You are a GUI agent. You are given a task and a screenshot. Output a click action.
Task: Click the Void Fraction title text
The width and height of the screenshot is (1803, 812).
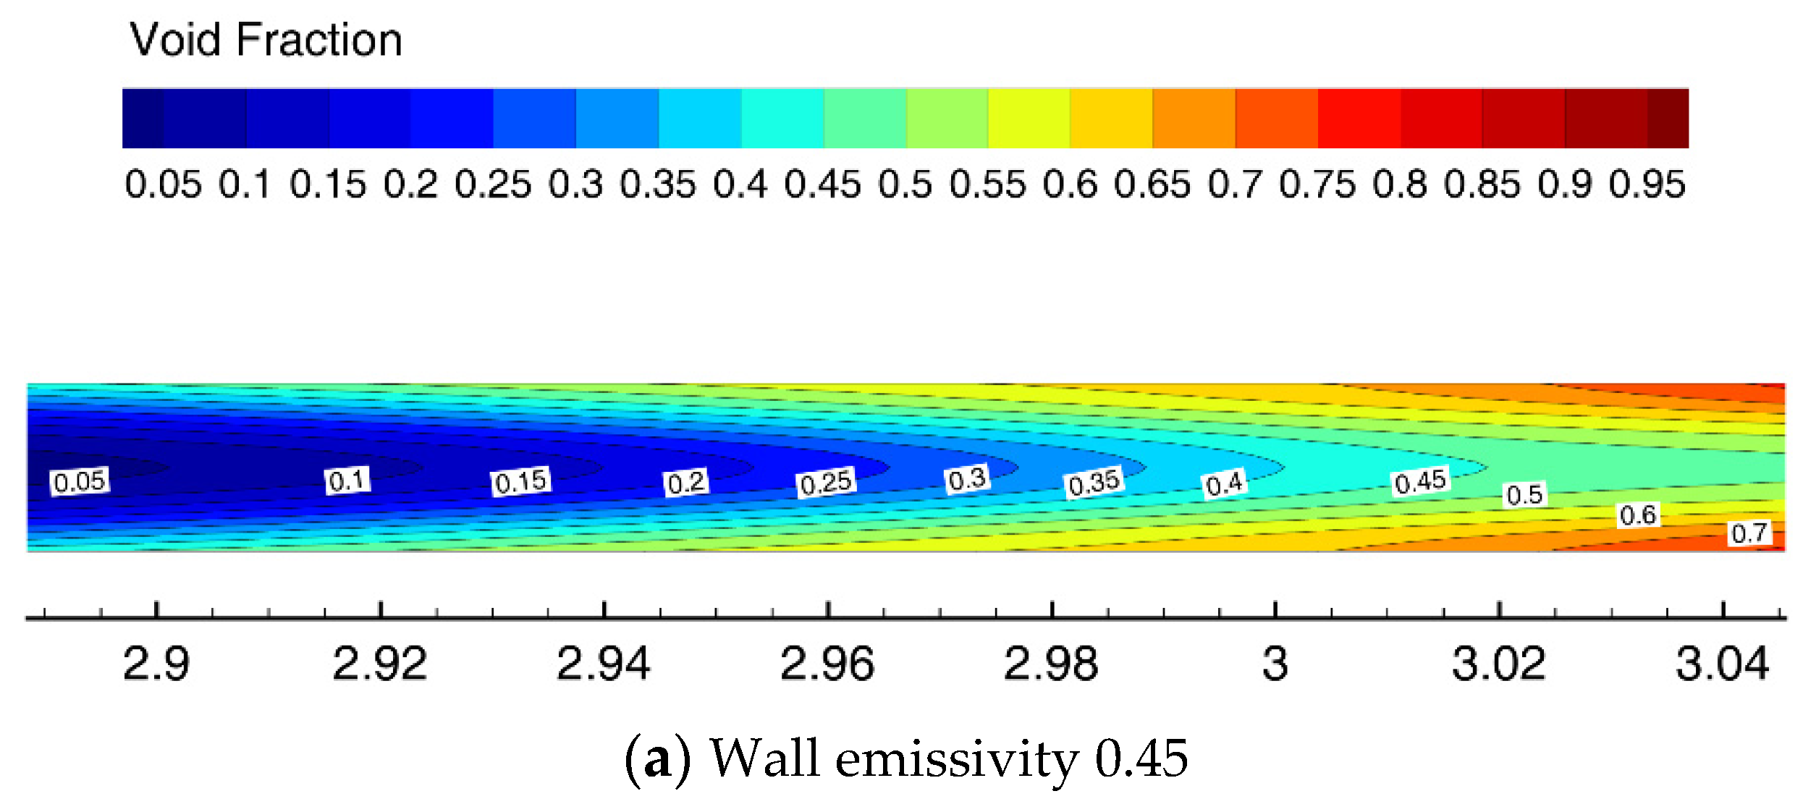click(x=266, y=40)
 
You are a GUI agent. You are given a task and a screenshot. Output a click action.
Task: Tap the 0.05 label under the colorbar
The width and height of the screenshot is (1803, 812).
click(x=163, y=185)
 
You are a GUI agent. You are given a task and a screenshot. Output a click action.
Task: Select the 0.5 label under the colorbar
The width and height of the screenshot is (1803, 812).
click(x=905, y=185)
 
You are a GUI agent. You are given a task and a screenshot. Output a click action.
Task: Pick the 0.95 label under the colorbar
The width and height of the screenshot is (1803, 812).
click(x=1647, y=185)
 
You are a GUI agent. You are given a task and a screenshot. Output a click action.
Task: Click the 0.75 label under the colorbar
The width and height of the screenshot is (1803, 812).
click(x=1317, y=185)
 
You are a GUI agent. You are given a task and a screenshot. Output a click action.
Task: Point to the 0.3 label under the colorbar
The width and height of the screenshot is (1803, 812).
click(x=575, y=185)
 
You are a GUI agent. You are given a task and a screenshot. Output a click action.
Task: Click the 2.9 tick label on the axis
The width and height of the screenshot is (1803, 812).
click(x=156, y=664)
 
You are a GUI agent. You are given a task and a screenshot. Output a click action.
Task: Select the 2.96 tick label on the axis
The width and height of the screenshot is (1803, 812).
click(x=827, y=664)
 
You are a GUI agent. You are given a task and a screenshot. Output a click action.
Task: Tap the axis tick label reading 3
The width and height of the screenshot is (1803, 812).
click(x=1275, y=664)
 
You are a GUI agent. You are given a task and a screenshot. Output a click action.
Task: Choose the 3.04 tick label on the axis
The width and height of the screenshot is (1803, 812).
click(x=1723, y=664)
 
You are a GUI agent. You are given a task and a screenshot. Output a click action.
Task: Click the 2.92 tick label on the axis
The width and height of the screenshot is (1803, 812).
click(x=380, y=664)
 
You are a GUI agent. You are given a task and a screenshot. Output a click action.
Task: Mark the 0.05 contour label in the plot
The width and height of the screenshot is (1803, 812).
click(x=80, y=481)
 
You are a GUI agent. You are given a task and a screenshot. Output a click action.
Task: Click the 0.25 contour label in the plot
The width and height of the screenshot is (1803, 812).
click(x=826, y=483)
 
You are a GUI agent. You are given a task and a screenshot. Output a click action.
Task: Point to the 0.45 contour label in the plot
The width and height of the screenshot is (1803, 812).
click(x=1420, y=481)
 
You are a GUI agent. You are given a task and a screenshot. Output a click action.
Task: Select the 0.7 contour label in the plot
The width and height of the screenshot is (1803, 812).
click(x=1749, y=533)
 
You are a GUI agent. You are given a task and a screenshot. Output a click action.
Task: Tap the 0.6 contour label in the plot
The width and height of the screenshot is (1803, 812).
click(x=1638, y=515)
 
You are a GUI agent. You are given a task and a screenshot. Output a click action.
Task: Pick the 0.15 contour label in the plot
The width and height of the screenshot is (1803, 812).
click(x=520, y=481)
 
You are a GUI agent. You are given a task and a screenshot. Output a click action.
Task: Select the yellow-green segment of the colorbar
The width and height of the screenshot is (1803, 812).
click(x=947, y=119)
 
